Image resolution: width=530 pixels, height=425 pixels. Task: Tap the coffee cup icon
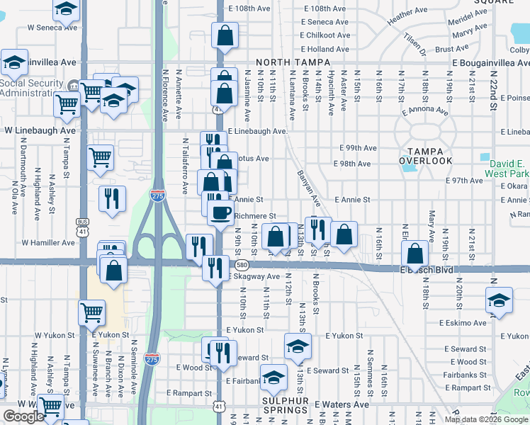click(x=221, y=212)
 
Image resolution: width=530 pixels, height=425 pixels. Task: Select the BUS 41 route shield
click(x=82, y=226)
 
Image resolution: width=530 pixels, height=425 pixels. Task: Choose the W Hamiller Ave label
click(x=48, y=242)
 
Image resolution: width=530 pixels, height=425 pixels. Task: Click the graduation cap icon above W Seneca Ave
click(x=66, y=9)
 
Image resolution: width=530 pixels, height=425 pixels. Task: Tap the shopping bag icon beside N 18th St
click(x=415, y=253)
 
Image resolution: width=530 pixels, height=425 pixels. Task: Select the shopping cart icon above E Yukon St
click(x=92, y=312)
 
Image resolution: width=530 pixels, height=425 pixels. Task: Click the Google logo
click(x=23, y=416)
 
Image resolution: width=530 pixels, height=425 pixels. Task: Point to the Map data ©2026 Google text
click(x=485, y=419)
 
